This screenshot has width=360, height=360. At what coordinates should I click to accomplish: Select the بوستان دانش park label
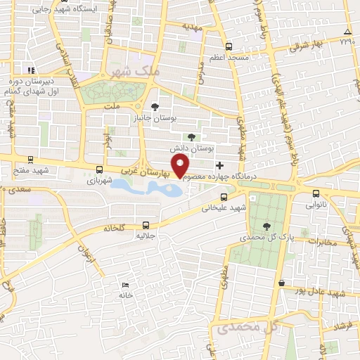191,150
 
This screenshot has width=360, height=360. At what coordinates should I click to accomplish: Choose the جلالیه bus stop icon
146,226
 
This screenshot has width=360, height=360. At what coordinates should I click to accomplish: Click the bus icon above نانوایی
316,193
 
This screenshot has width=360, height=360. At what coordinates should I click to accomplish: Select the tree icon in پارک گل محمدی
266,225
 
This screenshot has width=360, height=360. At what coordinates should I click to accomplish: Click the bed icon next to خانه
125,285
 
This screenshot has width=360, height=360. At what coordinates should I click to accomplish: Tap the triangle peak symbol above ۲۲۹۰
347,32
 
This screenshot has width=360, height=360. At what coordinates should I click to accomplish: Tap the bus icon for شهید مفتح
30,160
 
